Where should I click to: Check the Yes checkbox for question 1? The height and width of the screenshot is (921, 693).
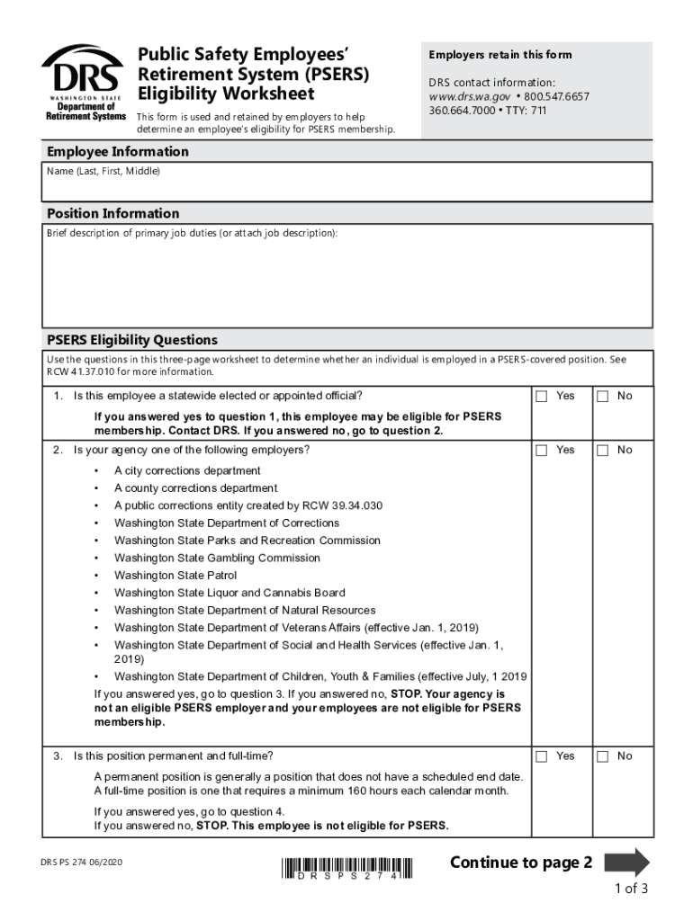[542, 397]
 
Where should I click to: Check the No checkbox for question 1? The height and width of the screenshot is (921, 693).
[603, 397]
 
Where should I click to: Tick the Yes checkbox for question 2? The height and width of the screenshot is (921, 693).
[542, 451]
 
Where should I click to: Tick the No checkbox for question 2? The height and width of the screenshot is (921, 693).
[603, 451]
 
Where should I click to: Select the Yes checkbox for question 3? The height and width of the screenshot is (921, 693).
[542, 756]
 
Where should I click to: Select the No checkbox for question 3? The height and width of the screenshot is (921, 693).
[603, 756]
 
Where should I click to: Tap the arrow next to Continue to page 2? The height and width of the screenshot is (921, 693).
[626, 863]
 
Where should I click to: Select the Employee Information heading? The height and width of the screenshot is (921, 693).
[118, 152]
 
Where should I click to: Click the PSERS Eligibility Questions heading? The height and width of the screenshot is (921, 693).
[132, 340]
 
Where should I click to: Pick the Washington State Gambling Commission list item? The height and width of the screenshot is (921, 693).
[217, 558]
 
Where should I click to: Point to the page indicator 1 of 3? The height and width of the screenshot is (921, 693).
[631, 890]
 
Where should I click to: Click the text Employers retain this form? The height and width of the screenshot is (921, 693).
[499, 55]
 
